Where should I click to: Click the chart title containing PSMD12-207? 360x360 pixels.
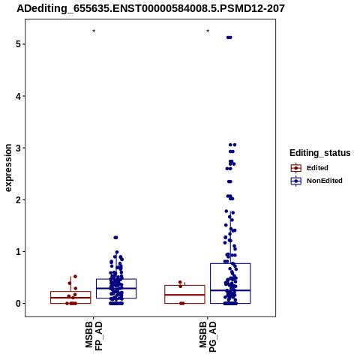[151, 9]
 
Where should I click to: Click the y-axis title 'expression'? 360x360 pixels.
[8, 168]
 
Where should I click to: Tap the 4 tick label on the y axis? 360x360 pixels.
[18, 96]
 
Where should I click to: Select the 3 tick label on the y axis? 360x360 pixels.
[18, 148]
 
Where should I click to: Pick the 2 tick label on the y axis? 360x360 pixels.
[18, 199]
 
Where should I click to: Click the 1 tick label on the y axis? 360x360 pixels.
[18, 252]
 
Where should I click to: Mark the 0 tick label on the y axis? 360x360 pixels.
[18, 304]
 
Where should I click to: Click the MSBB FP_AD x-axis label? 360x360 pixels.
[94, 336]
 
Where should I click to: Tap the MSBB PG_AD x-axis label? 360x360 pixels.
[208, 337]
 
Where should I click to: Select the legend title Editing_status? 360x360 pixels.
[320, 153]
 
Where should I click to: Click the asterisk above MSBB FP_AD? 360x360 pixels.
[94, 31]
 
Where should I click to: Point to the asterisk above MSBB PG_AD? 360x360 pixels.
[208, 31]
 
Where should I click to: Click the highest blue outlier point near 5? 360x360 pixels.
[229, 37]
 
